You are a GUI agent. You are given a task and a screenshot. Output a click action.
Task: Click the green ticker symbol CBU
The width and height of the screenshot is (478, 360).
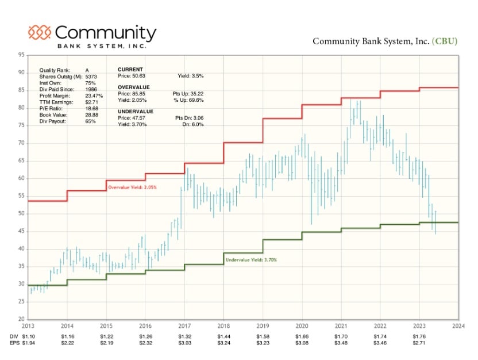445,41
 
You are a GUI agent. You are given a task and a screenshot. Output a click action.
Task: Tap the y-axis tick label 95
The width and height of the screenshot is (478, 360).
21,55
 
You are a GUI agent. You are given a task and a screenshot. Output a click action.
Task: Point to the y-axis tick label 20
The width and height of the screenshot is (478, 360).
21,319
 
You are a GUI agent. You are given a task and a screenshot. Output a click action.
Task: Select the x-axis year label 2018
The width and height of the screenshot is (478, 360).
223,325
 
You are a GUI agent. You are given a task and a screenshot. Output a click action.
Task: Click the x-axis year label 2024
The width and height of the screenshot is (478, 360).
458,325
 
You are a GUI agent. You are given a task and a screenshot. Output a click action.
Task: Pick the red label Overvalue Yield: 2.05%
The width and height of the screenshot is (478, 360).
132,187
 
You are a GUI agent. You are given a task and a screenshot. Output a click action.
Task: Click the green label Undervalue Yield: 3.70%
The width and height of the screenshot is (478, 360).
251,260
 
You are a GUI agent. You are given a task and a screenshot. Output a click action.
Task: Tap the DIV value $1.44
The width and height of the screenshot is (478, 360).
223,335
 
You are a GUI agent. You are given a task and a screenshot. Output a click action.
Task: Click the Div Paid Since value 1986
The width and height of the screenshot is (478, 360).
91,89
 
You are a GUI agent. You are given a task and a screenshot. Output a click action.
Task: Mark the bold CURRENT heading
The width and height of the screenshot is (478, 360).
130,69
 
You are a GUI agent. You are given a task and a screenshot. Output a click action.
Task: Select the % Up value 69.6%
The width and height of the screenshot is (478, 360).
195,99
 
